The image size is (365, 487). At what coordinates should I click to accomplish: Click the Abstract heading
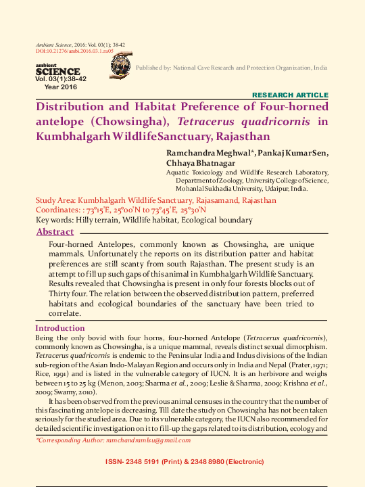pyautogui.click(x=55, y=232)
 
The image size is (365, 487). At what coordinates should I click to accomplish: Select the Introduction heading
pyautogui.click(x=59, y=328)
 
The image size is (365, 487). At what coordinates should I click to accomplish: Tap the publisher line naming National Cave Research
pyautogui.click(x=232, y=68)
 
